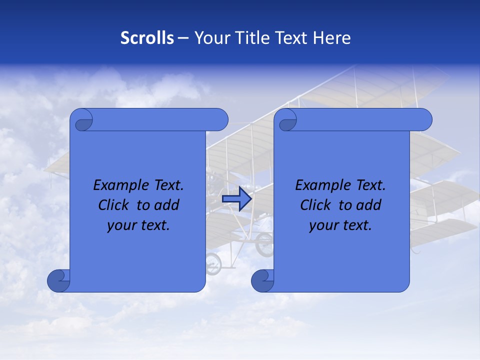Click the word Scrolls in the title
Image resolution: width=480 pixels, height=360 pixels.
pos(147,37)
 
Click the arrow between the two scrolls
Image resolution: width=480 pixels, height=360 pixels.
pos(236,198)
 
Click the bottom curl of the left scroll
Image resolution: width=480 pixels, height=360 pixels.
pos(58,280)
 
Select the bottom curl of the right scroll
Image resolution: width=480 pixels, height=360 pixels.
pos(262,280)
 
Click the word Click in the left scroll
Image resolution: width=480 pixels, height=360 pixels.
pos(113,205)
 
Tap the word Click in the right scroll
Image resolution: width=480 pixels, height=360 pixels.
pos(315,205)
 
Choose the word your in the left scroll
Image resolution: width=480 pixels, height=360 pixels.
pos(120,225)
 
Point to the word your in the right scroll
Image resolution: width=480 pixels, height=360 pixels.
pos(322,225)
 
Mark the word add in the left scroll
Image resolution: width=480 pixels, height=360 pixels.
pos(166,205)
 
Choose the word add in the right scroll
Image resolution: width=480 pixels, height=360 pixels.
pos(368,205)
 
